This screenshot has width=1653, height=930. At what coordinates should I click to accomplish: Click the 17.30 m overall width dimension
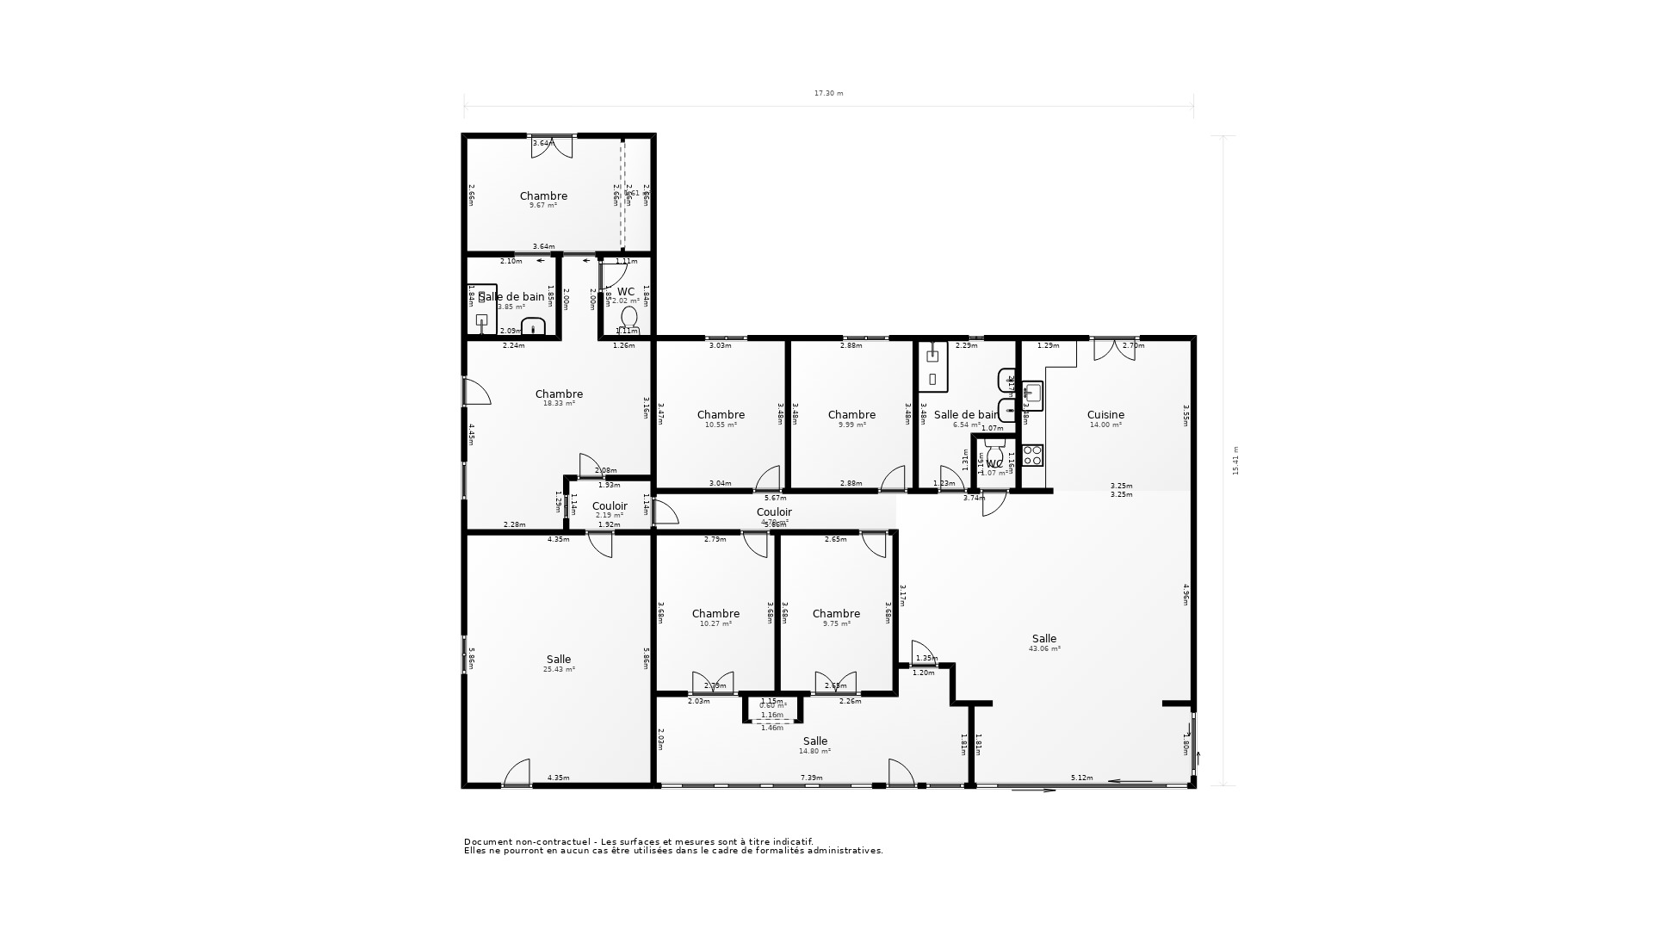tap(828, 93)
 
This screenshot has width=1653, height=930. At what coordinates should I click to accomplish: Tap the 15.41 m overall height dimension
tap(1235, 461)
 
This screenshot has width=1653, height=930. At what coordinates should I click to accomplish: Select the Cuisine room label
tap(1105, 414)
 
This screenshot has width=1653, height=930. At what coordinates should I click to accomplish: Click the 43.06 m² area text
tap(1044, 648)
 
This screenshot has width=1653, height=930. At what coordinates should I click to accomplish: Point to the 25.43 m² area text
tap(559, 669)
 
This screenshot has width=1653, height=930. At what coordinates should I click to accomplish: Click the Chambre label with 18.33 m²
tap(559, 394)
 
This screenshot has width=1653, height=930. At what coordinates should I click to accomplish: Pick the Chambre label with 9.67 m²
tap(543, 195)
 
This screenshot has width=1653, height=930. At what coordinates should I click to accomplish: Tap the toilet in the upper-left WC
tap(629, 319)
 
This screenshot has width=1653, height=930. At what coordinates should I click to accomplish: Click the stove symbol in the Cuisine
tap(1033, 455)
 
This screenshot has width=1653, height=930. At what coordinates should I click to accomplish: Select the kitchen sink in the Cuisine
tap(1033, 394)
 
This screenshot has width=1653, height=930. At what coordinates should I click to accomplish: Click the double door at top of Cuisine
tap(1114, 349)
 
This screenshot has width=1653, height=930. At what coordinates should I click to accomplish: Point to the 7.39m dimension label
tap(811, 778)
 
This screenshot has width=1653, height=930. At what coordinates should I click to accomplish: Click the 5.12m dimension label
tap(1081, 778)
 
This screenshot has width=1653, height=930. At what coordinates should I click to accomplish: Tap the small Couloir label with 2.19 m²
tap(610, 505)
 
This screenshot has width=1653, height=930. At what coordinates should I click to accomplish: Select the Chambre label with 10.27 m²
tap(715, 614)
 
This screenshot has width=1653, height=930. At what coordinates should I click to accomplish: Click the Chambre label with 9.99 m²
tap(851, 414)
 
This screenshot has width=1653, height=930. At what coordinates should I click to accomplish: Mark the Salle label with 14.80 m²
tap(815, 741)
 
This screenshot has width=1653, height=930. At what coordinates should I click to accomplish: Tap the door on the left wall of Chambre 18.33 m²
tap(476, 392)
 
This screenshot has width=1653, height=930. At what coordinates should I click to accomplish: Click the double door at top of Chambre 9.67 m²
tap(552, 146)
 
